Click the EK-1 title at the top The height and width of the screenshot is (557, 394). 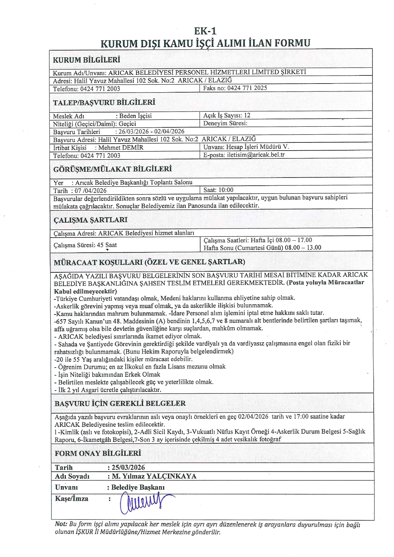click(x=205, y=31)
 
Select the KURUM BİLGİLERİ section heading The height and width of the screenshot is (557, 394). click(x=86, y=60)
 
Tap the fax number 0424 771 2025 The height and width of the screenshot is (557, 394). click(x=247, y=88)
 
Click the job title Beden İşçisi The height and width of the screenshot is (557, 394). click(x=135, y=116)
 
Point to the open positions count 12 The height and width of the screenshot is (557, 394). click(x=247, y=115)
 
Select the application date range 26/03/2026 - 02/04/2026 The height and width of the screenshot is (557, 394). click(x=151, y=131)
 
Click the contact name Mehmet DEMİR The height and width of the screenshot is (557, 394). click(x=121, y=147)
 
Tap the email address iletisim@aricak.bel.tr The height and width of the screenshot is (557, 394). click(x=256, y=155)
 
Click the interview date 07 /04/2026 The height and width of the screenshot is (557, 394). click(x=91, y=191)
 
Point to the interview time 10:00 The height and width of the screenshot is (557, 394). click(x=226, y=190)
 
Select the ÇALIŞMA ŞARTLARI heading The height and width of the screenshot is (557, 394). click(x=91, y=220)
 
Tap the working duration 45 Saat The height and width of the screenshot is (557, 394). click(x=107, y=245)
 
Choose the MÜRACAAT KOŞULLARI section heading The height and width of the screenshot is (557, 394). click(x=149, y=262)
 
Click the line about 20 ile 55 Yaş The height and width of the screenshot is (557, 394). click(x=123, y=359)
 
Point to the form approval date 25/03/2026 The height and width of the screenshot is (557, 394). click(x=128, y=467)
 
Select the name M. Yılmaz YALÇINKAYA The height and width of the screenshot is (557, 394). click(x=154, y=476)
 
